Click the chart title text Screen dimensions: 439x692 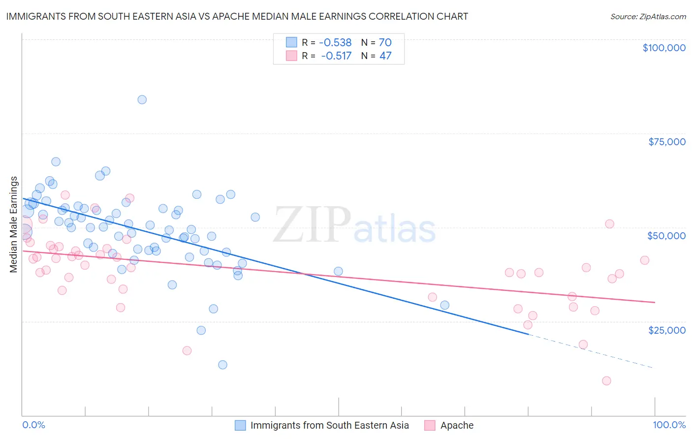pos(237,16)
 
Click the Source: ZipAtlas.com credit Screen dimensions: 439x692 pos(648,16)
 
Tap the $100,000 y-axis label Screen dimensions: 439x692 pos(663,48)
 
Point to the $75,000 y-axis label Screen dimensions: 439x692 pos(666,142)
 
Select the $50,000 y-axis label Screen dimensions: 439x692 pos(666,236)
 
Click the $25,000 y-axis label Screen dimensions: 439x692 pos(666,330)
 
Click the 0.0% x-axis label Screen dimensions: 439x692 pos(33,425)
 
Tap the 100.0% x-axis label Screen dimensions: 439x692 pos(669,425)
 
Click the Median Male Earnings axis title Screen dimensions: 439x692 pos(14,224)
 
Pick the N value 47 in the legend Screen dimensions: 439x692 pos(385,56)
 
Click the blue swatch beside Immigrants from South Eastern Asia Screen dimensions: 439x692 pos(240,425)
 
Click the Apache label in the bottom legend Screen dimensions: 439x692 pos(457,425)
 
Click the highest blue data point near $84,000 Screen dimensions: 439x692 pos(142,99)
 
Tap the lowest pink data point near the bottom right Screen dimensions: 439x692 pos(606,381)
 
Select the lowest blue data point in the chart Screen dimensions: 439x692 pos(222,365)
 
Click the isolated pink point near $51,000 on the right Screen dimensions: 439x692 pos(609,224)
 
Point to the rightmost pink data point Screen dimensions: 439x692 pos(644,260)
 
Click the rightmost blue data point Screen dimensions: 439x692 pos(444,305)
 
